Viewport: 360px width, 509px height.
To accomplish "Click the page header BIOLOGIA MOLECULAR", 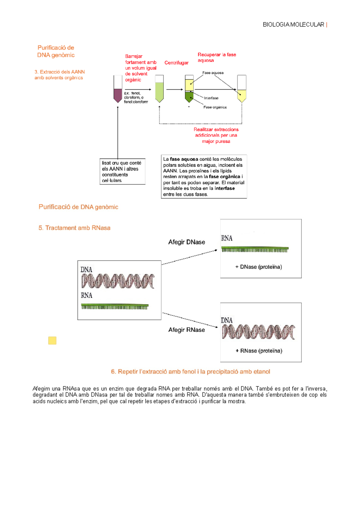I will coord(293,25).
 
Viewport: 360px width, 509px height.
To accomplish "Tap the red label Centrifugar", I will coord(176,63).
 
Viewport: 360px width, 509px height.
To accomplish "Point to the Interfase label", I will coord(211,98).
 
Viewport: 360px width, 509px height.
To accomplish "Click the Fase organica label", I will coord(215,107).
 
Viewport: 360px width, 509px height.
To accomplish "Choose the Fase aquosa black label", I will coord(213,73).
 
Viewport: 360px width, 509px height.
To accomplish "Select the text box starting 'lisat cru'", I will coord(122,171).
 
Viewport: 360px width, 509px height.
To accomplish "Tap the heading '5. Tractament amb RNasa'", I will coord(74,228).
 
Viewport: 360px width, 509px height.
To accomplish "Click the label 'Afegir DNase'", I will coord(187,242).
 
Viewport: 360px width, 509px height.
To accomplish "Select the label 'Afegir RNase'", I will coord(187,330).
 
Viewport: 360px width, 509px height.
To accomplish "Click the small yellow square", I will coord(52,340).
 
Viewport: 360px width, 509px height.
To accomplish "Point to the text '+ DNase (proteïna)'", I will coord(259,267).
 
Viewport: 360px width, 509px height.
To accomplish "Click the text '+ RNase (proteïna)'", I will coord(259,351).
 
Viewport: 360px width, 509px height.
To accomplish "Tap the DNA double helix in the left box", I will coord(118,281).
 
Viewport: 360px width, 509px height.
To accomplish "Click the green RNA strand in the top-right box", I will coord(255,249).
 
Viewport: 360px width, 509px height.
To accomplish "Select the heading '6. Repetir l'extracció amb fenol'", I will coord(190,372).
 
